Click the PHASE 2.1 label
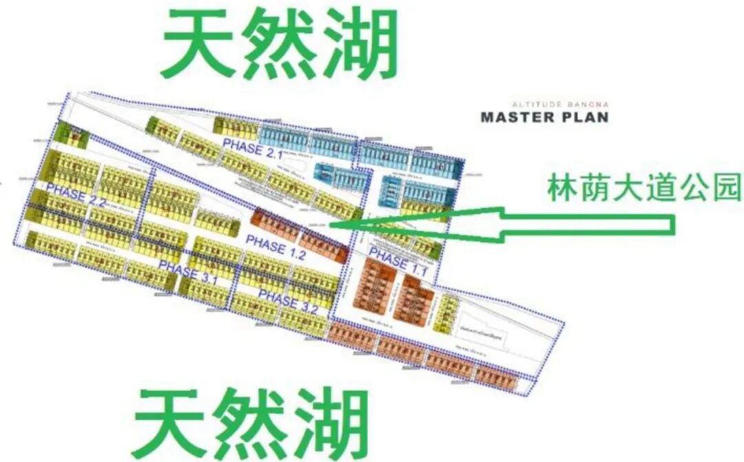[253, 148]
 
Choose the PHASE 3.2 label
[288, 304]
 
